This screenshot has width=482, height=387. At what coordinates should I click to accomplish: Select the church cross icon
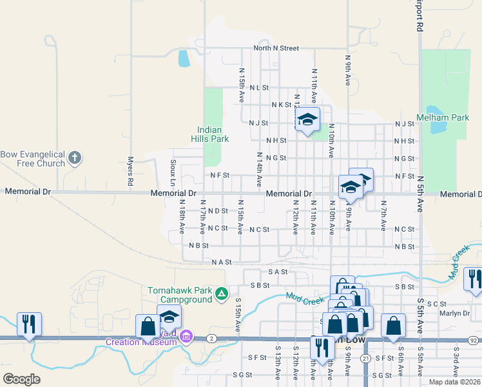pyautogui.click(x=75, y=157)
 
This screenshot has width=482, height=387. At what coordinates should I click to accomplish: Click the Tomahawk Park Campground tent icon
pyautogui.click(x=222, y=294)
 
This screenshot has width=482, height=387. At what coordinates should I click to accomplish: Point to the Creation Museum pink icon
pyautogui.click(x=187, y=336)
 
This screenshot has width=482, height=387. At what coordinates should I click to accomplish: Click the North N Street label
pyautogui.click(x=276, y=48)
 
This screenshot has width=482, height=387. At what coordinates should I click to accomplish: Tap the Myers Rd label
pyautogui.click(x=130, y=172)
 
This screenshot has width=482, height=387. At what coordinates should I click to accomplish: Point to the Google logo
pyautogui.click(x=22, y=379)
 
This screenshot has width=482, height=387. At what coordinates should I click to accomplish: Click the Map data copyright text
pyautogui.click(x=455, y=382)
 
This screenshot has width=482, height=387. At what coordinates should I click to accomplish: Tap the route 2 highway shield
pyautogui.click(x=211, y=338)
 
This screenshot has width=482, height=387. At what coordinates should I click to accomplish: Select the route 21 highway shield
pyautogui.click(x=365, y=358)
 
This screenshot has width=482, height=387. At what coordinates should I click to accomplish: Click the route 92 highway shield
pyautogui.click(x=473, y=339)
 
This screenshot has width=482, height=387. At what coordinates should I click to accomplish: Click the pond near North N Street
pyautogui.click(x=184, y=59)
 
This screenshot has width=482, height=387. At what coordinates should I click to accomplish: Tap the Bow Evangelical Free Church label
pyautogui.click(x=34, y=159)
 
